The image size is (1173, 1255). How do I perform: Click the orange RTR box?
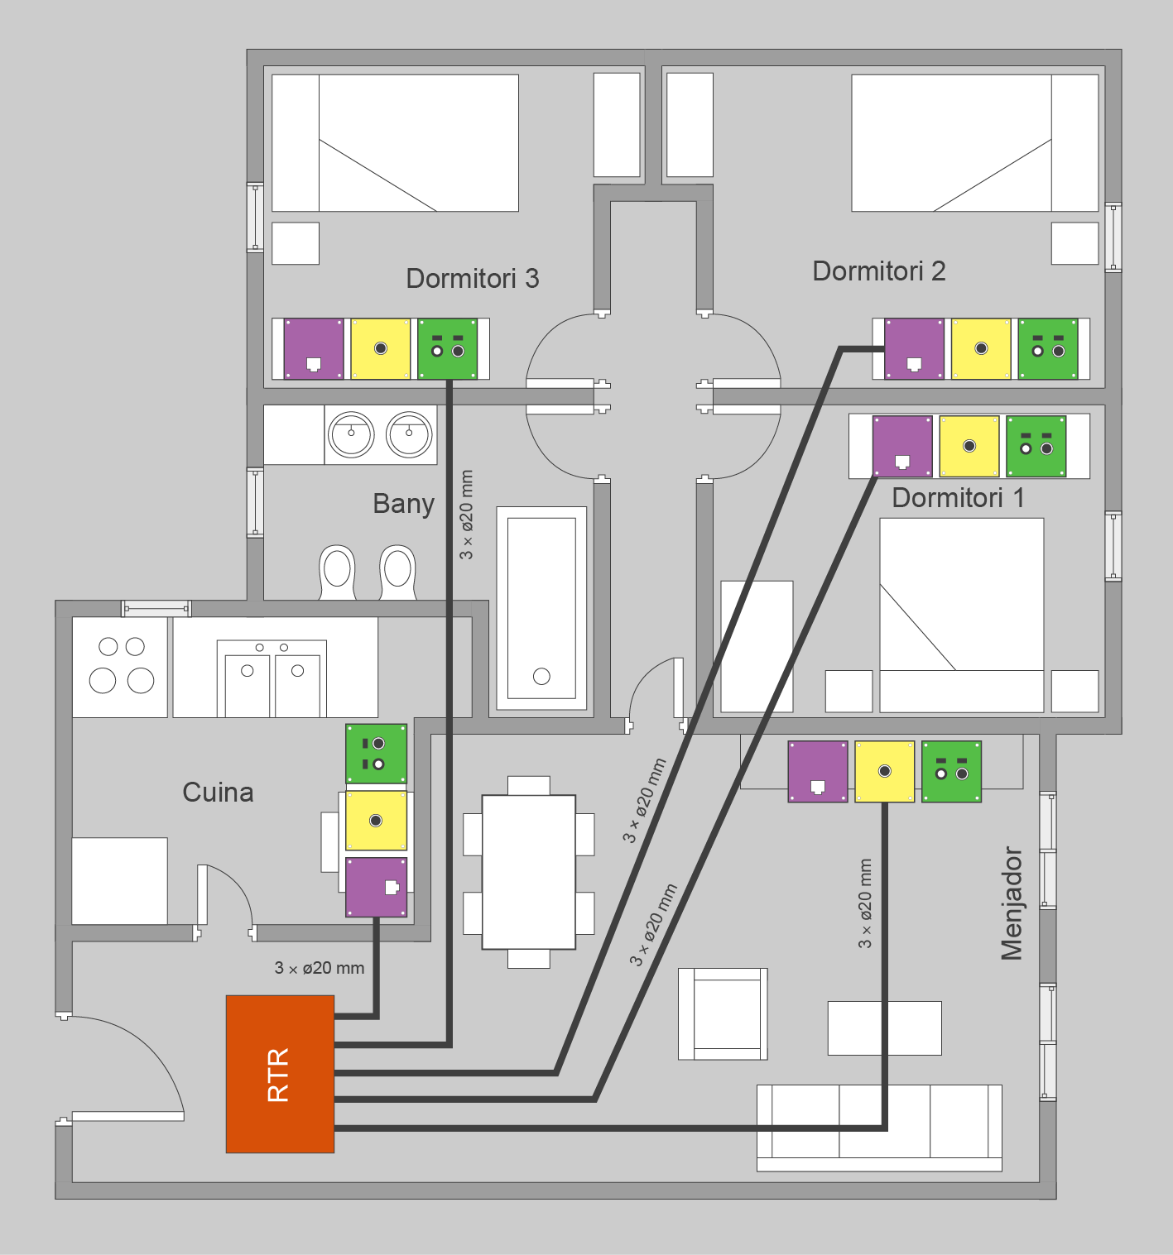pyautogui.click(x=280, y=1074)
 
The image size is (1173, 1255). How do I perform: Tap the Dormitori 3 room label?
pyautogui.click(x=473, y=279)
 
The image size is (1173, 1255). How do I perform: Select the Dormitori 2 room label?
pyautogui.click(x=879, y=271)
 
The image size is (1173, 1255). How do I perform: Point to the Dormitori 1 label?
pyautogui.click(x=958, y=498)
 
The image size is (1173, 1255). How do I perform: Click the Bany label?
pyautogui.click(x=403, y=505)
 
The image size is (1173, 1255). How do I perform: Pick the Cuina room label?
pyautogui.click(x=219, y=793)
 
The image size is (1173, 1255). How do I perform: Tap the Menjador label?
pyautogui.click(x=1012, y=903)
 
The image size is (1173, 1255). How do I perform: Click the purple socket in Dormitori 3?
pyautogui.click(x=314, y=349)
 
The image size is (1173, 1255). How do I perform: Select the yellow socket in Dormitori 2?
pyautogui.click(x=981, y=349)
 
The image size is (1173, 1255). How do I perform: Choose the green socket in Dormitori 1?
pyautogui.click(x=1036, y=446)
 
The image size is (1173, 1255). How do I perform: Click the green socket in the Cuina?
pyautogui.click(x=377, y=754)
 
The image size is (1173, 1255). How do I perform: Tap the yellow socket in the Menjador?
pyautogui.click(x=885, y=772)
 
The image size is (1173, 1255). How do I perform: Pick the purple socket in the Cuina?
pyautogui.click(x=377, y=887)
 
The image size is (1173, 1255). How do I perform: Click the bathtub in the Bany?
pyautogui.click(x=541, y=608)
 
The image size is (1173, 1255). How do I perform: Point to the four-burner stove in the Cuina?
pyautogui.click(x=120, y=668)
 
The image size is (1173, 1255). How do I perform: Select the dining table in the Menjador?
pyautogui.click(x=529, y=872)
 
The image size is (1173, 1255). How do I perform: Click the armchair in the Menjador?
pyautogui.click(x=723, y=1014)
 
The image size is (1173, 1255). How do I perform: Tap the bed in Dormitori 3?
pyautogui.click(x=395, y=143)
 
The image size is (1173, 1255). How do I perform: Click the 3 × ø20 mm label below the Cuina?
pyautogui.click(x=320, y=968)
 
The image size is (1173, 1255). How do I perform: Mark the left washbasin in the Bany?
pyautogui.click(x=351, y=434)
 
